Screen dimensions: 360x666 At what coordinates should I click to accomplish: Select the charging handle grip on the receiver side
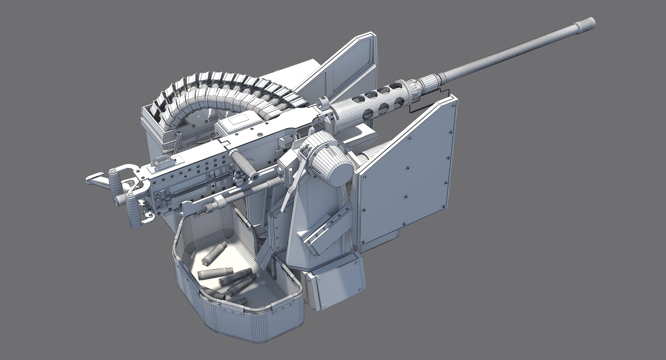point(243,164)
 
